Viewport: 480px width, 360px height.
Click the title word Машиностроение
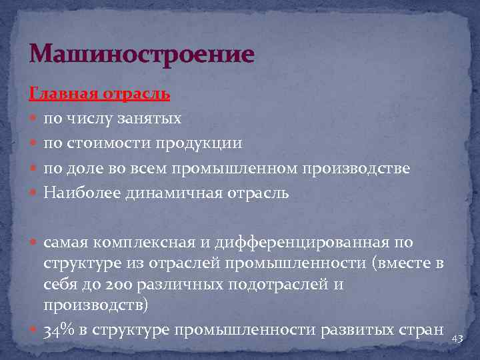pyautogui.click(x=142, y=54)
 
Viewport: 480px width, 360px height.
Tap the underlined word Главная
pyautogui.click(x=64, y=94)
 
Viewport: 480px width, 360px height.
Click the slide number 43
pyautogui.click(x=457, y=339)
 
